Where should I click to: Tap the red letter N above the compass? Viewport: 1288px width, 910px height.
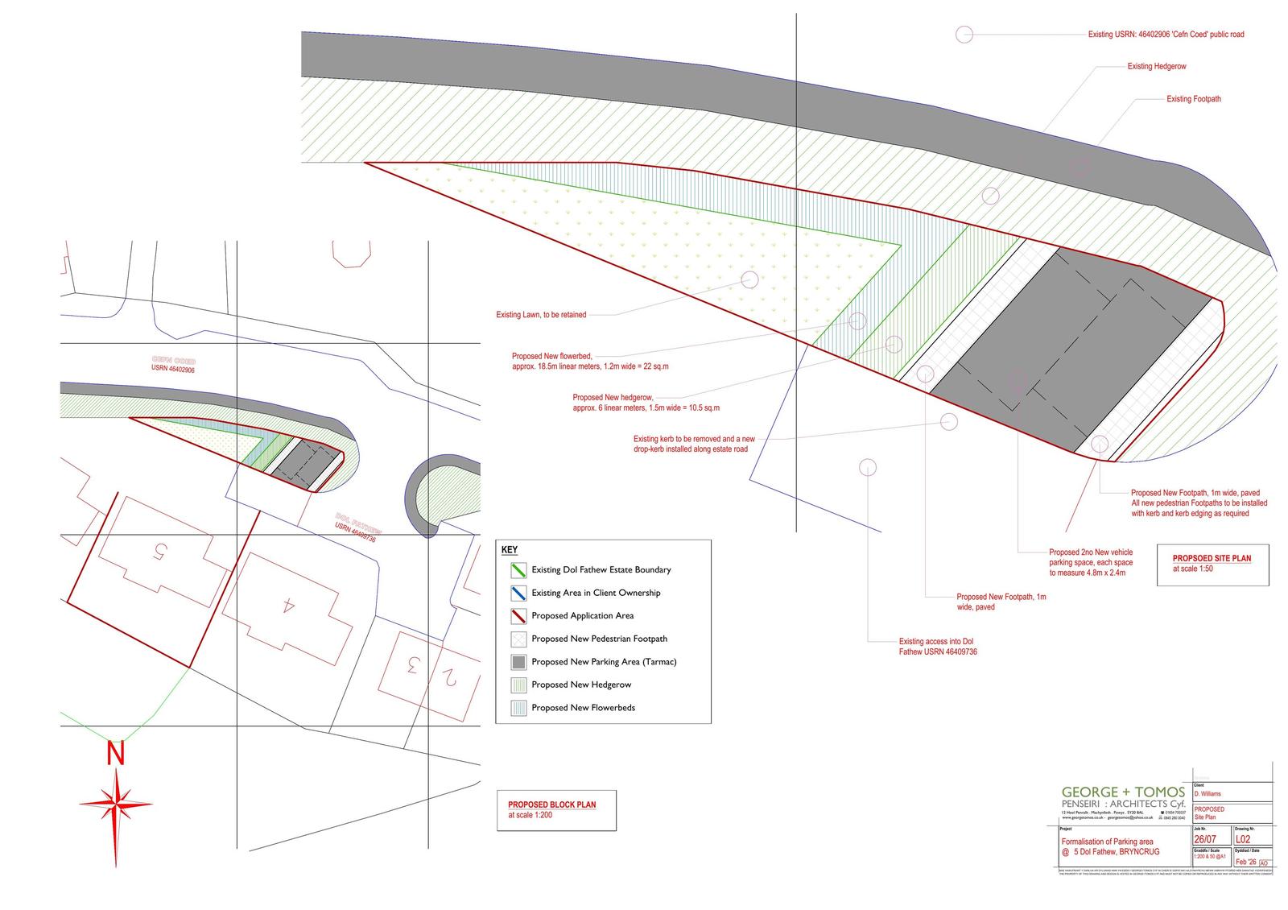[x=117, y=754]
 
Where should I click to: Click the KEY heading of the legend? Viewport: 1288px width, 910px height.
[x=510, y=550]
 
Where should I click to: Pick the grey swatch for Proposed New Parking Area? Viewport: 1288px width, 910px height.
[x=518, y=662]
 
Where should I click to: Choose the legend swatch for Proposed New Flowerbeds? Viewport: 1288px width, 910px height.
[x=518, y=708]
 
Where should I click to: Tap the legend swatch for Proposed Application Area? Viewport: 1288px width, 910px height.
[x=518, y=616]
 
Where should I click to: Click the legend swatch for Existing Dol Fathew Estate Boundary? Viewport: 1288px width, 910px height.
[x=518, y=570]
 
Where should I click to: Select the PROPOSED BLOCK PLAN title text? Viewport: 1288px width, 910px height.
[x=551, y=805]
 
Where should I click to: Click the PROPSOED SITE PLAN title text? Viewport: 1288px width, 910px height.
[x=1212, y=558]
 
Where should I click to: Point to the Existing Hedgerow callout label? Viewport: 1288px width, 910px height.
[x=1156, y=66]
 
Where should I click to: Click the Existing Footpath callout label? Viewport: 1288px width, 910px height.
[x=1193, y=99]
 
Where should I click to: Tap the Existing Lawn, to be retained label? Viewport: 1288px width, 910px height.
[x=541, y=315]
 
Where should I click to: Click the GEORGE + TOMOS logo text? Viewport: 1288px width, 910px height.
[x=1123, y=792]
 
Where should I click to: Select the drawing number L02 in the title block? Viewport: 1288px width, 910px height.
[x=1244, y=839]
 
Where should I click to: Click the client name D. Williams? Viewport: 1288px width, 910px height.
[x=1207, y=794]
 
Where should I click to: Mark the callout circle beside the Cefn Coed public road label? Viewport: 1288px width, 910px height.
[x=964, y=34]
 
